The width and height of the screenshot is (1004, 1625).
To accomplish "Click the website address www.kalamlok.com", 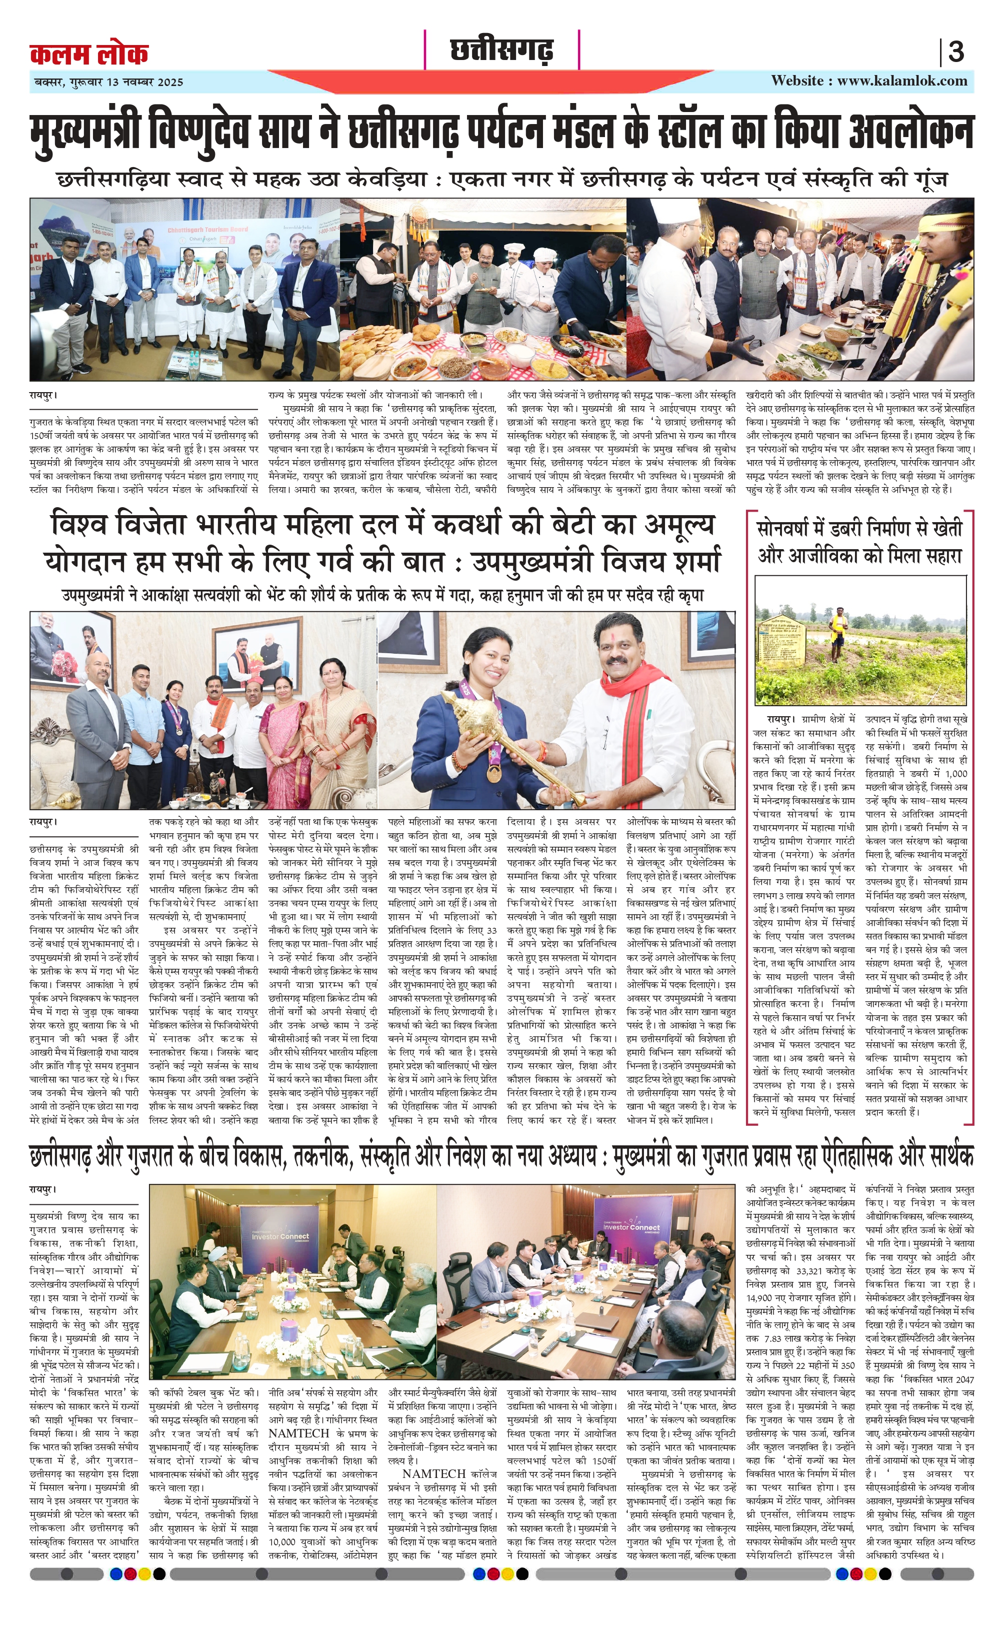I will point(901,81).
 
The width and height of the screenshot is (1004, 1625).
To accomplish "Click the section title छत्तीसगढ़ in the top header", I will point(502,50).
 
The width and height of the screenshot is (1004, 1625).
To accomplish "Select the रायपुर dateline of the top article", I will point(43,395).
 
